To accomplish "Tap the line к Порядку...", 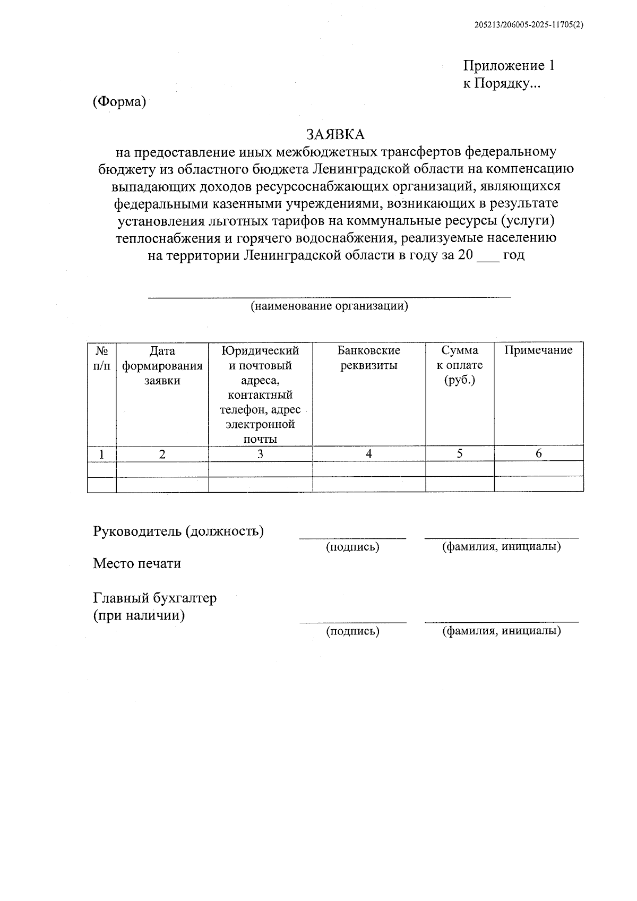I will tap(501, 83).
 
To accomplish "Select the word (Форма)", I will tap(119, 102).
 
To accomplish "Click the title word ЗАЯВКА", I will tap(335, 134).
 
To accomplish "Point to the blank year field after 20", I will tap(488, 256).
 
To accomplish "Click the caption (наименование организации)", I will tap(329, 306).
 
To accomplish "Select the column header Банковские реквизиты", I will tap(368, 358).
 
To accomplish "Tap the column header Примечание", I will tap(538, 350).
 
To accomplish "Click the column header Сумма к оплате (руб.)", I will tap(459, 365).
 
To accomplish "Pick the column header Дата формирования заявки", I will tap(162, 365).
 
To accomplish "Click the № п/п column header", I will tap(102, 358).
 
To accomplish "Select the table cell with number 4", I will tap(369, 453).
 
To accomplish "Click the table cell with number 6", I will tap(538, 453).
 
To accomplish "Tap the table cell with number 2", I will tap(162, 454).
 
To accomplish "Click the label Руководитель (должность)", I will tap(178, 531).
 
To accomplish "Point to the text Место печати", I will tap(137, 563).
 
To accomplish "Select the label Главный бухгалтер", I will tap(155, 598).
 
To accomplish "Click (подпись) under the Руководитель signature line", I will tap(352, 547).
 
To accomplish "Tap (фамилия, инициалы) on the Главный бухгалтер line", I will tap(501, 631).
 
